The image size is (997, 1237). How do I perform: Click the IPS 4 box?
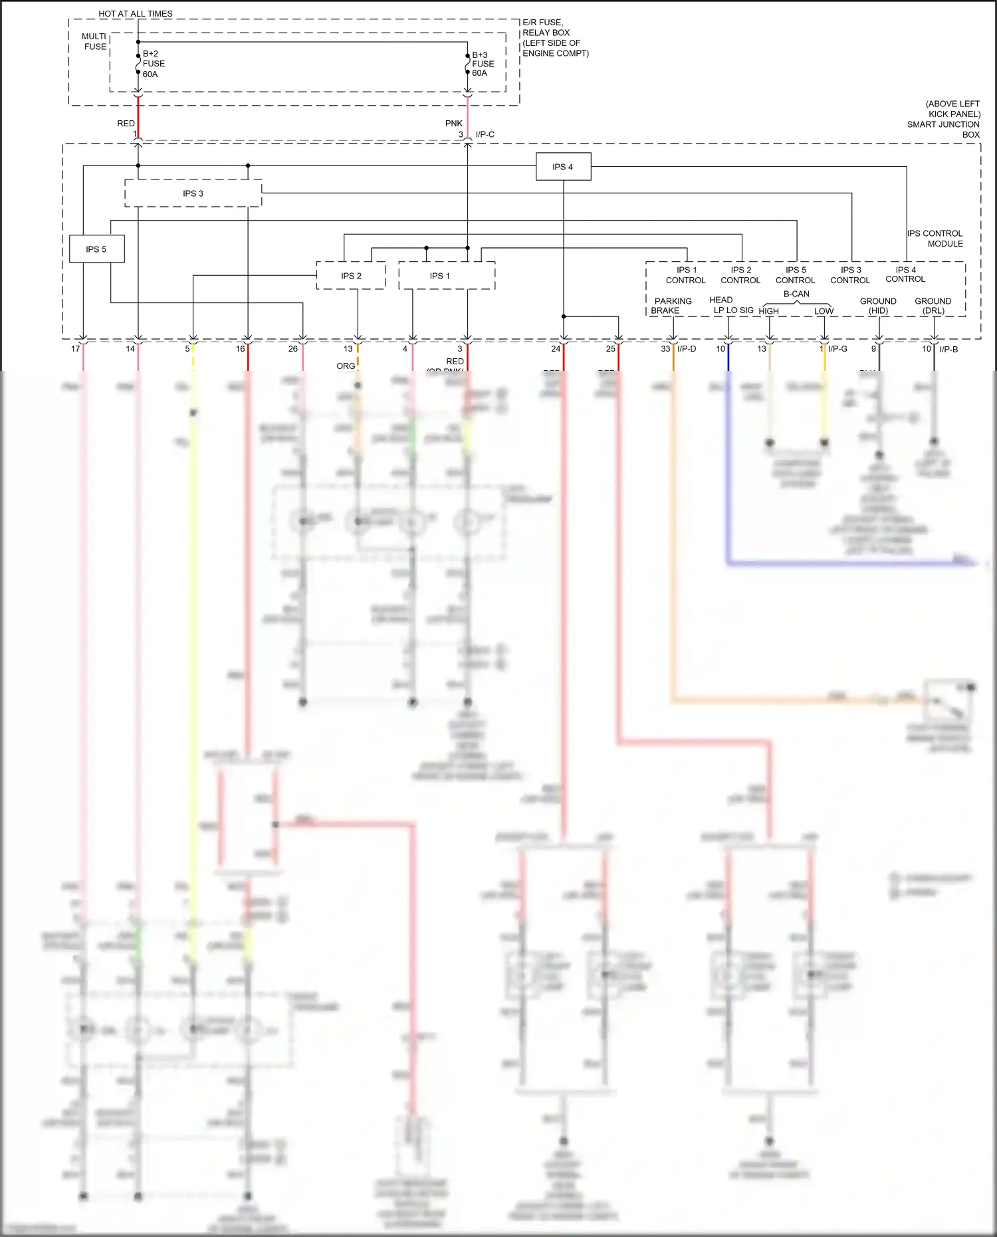(563, 167)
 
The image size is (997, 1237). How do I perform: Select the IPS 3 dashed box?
(193, 193)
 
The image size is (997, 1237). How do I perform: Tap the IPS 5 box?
(96, 249)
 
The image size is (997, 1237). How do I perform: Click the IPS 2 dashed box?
(351, 276)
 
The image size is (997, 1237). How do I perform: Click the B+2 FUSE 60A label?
(154, 64)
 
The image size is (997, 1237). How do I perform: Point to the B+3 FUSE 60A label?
(483, 64)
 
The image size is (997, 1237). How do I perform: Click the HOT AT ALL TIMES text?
(136, 13)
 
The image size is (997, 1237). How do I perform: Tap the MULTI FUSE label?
(94, 41)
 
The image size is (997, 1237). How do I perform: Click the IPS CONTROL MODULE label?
(935, 239)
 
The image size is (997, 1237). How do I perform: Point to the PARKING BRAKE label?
(672, 306)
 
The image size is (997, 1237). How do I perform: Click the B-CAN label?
(796, 294)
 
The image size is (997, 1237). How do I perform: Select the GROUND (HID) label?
(878, 306)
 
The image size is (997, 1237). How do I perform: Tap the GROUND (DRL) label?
(933, 306)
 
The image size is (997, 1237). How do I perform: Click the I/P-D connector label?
(687, 349)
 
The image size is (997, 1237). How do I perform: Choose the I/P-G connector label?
(837, 349)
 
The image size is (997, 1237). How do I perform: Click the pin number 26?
(293, 349)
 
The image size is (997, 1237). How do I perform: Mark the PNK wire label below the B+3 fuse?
(454, 124)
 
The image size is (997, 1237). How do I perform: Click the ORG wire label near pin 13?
(346, 366)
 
